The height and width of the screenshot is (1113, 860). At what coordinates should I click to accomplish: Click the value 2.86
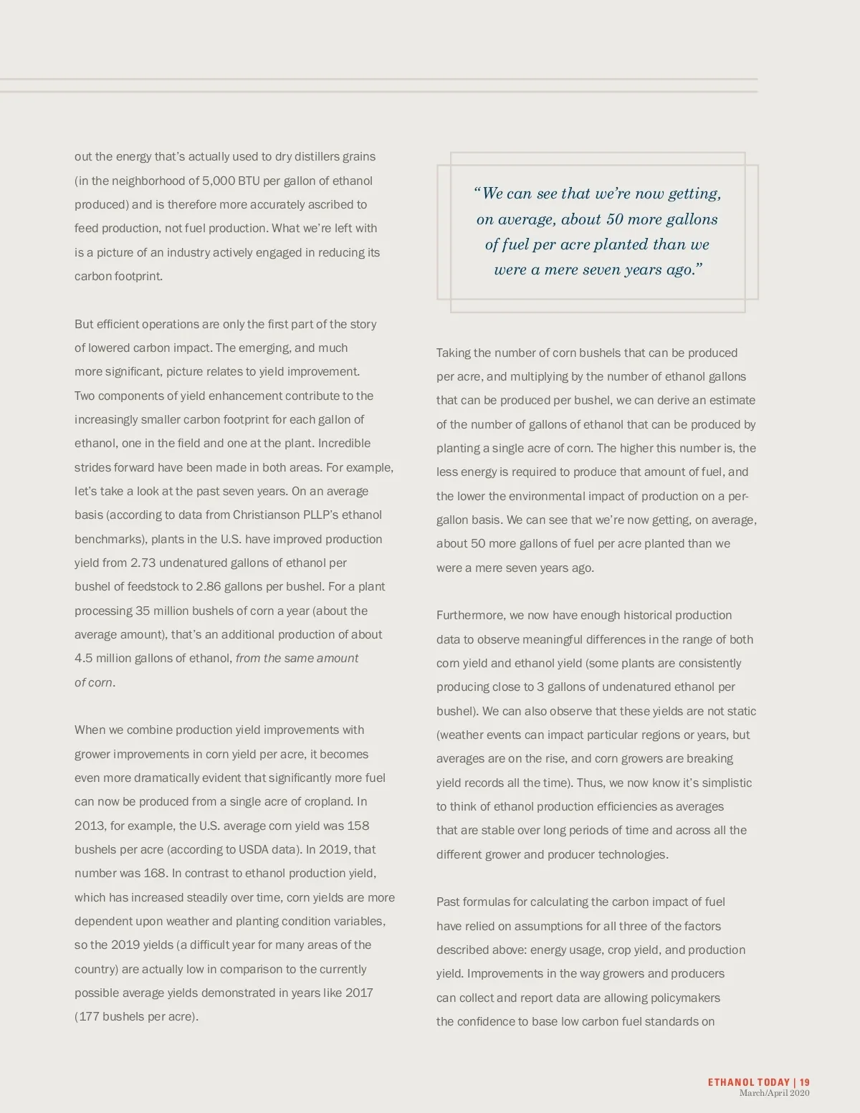coord(208,586)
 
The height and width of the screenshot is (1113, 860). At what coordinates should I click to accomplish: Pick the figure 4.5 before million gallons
coord(83,658)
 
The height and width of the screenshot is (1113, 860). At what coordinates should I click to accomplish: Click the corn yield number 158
coord(358,826)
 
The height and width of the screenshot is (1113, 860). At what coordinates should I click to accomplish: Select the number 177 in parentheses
coord(89,1016)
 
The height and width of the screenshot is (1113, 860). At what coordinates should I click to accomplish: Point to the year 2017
coord(359,993)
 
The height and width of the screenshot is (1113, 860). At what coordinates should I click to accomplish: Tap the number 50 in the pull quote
coord(614,219)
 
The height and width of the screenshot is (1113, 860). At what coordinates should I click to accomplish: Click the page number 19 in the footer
coord(805,1082)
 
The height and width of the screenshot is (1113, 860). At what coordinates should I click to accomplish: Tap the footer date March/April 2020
coord(774,1093)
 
